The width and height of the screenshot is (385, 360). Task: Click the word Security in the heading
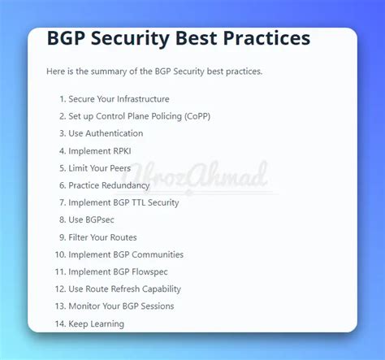[131, 38]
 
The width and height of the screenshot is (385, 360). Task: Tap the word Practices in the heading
[266, 37]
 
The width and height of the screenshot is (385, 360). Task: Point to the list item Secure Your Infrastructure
[119, 99]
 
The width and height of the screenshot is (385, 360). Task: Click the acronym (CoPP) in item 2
[197, 116]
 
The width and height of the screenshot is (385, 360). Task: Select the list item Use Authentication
[106, 133]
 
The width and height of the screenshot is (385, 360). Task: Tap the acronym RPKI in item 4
[122, 151]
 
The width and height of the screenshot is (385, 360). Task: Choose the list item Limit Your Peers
[99, 168]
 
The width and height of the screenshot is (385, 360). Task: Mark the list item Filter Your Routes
[102, 237]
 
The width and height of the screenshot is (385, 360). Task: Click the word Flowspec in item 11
[149, 272]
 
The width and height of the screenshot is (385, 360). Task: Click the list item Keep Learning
[96, 324]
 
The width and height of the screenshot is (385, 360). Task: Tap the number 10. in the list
[61, 254]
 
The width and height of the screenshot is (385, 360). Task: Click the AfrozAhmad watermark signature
[196, 176]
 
